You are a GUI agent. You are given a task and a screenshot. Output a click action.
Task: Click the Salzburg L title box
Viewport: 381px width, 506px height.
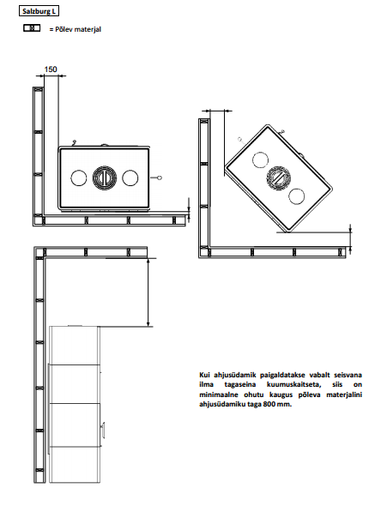(x=39, y=11)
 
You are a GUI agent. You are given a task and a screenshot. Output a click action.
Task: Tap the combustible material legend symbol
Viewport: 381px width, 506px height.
(x=32, y=28)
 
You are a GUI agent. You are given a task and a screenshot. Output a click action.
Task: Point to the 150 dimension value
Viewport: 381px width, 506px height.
(x=51, y=69)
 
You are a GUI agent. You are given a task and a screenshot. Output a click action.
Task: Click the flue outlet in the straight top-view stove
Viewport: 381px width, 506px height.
(x=105, y=178)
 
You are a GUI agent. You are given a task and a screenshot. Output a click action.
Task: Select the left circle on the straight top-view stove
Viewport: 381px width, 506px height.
(x=79, y=178)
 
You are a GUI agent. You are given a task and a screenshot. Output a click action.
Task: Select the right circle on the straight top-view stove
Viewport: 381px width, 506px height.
(x=130, y=178)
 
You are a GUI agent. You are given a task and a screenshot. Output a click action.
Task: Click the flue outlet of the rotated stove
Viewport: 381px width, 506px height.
(x=279, y=178)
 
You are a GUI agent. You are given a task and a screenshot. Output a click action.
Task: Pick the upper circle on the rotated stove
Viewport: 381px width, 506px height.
(x=260, y=160)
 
